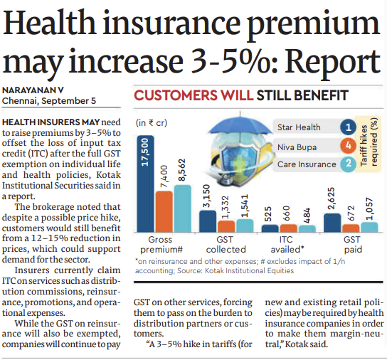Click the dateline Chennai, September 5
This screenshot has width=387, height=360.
49,102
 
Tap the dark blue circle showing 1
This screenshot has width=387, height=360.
348,128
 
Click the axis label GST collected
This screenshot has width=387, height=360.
226,245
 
